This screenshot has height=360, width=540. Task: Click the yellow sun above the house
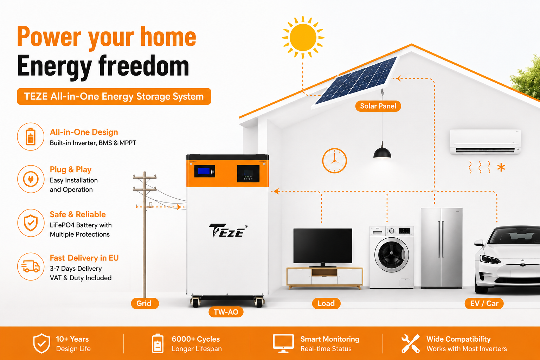pyautogui.click(x=303, y=37)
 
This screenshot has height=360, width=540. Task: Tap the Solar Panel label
pyautogui.click(x=378, y=106)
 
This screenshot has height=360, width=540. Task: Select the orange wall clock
pyautogui.click(x=334, y=161)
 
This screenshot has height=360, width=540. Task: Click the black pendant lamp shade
pyautogui.click(x=382, y=152)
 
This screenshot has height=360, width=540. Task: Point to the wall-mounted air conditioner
pyautogui.click(x=485, y=142)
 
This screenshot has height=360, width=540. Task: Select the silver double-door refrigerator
pyautogui.click(x=442, y=248)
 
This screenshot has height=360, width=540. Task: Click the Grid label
pyautogui.click(x=144, y=303)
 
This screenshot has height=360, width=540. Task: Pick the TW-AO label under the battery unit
pyautogui.click(x=226, y=312)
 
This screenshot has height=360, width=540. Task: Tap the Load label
pyautogui.click(x=326, y=303)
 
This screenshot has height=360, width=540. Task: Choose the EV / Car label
pyautogui.click(x=484, y=303)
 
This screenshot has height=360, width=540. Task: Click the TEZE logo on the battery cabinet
pyautogui.click(x=228, y=231)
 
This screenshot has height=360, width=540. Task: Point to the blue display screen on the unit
pyautogui.click(x=204, y=171)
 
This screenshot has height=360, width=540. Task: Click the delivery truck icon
pyautogui.click(x=31, y=266)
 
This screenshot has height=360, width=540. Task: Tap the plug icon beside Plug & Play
pyautogui.click(x=31, y=179)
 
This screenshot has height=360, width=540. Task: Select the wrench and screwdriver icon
pyautogui.click(x=411, y=343)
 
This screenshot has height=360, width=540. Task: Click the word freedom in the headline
pyautogui.click(x=144, y=66)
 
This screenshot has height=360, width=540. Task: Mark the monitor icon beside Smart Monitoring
pyautogui.click(x=283, y=343)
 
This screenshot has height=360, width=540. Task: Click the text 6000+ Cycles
pyautogui.click(x=196, y=339)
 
